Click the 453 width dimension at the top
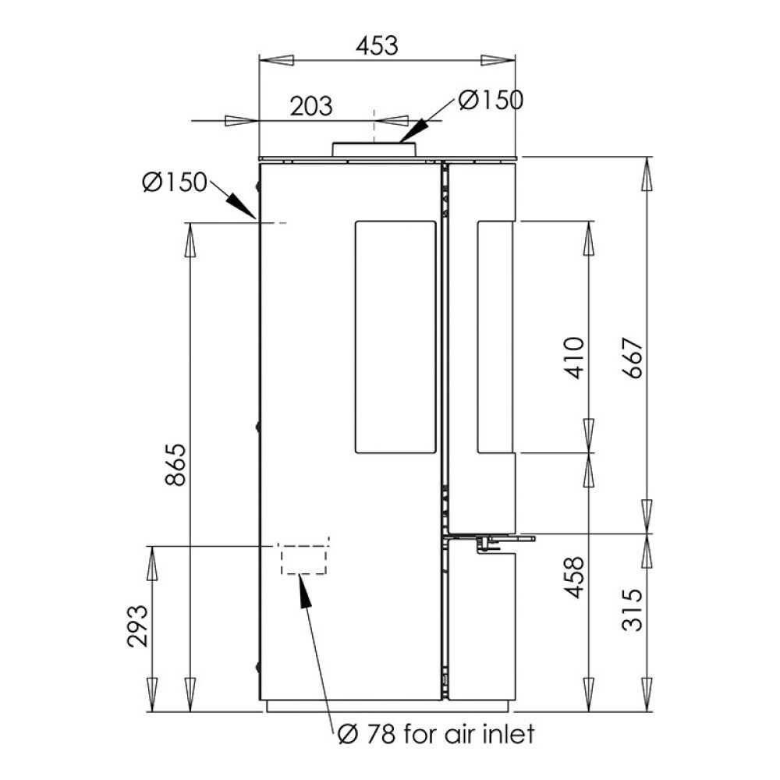pyautogui.click(x=377, y=46)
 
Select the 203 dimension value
pyautogui.click(x=311, y=106)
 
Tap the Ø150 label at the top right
pyautogui.click(x=491, y=100)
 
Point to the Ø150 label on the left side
pyautogui.click(x=174, y=182)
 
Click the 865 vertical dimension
pyautogui.click(x=175, y=465)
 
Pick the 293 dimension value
pyautogui.click(x=138, y=626)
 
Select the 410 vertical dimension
pyautogui.click(x=575, y=358)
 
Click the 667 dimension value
pyautogui.click(x=633, y=358)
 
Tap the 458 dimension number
pyautogui.click(x=575, y=577)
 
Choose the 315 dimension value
pyautogui.click(x=633, y=610)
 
